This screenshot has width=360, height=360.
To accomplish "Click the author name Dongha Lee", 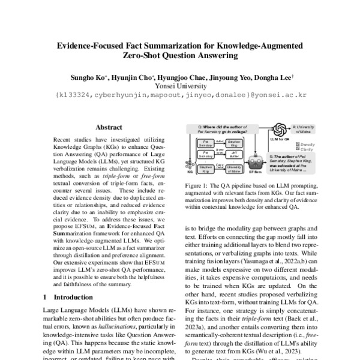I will point(274,77).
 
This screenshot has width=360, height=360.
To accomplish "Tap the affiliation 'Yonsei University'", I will point(180,86).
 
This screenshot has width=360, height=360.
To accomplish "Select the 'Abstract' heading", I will point(109,127).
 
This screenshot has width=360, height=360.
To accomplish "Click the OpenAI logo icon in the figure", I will point(279,130).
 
